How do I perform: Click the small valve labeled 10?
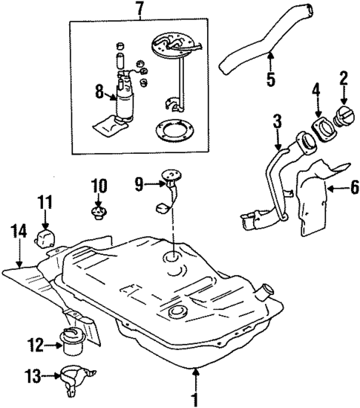click(98, 214)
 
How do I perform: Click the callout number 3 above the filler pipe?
click(276, 120)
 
